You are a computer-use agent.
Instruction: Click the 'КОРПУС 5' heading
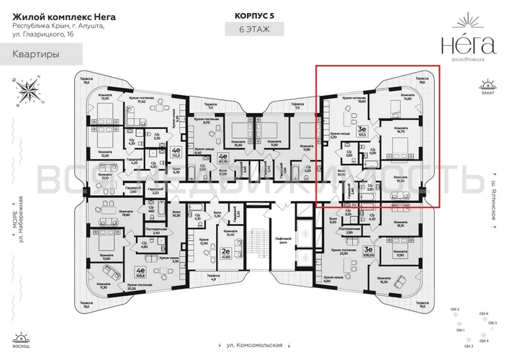[x=253, y=14]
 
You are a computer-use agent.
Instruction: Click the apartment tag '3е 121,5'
[x=362, y=130]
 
